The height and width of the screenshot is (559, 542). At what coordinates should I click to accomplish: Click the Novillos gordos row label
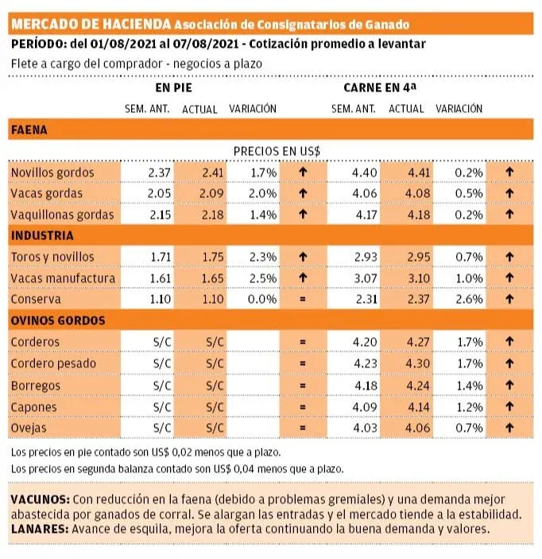click(52, 173)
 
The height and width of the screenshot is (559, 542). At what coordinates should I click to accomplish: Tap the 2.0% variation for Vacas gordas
click(254, 193)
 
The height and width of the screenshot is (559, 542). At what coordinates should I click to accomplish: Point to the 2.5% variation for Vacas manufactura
click(254, 278)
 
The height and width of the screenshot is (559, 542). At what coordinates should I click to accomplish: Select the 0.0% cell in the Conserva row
click(254, 299)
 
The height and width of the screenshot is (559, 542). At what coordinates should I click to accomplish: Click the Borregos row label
click(36, 385)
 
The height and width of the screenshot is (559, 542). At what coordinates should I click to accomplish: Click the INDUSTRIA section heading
click(42, 235)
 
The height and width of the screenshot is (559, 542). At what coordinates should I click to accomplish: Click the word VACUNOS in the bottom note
click(40, 499)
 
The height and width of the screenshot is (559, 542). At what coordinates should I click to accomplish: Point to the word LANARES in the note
click(38, 528)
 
